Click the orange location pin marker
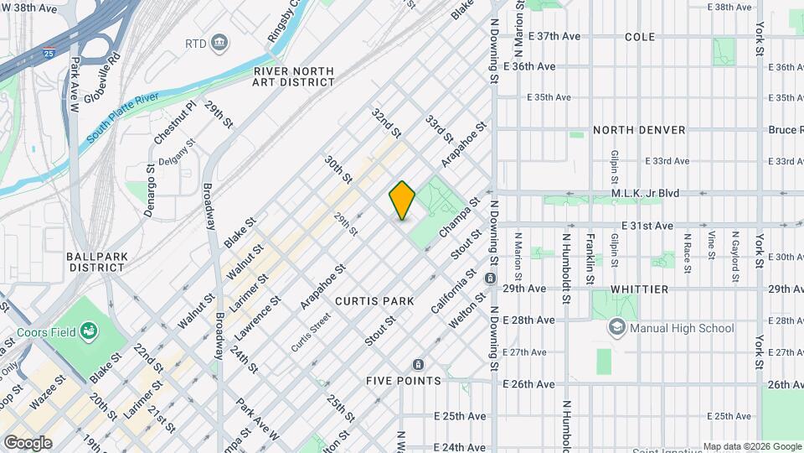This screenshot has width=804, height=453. [402, 200]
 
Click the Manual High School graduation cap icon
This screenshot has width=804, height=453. [617, 328]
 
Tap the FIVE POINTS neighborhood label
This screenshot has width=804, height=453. [403, 381]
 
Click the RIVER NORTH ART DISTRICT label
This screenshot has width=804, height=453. [294, 77]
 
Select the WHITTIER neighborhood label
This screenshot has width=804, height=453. [639, 289]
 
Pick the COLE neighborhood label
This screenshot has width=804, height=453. [640, 37]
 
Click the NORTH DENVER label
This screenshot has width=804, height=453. [638, 130]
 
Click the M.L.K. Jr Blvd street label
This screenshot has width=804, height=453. [644, 193]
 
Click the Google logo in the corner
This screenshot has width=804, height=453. [28, 443]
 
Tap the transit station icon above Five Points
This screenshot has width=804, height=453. [418, 365]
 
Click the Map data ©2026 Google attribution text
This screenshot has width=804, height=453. [751, 446]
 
